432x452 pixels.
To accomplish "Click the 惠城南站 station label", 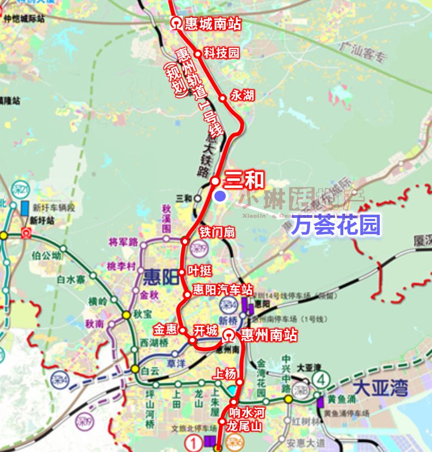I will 212,24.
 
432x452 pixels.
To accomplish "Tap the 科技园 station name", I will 221,53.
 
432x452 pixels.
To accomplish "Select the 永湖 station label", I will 242,96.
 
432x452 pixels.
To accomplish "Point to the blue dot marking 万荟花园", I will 220,197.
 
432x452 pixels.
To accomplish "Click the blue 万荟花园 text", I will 335,225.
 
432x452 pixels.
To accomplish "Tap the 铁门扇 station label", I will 217,232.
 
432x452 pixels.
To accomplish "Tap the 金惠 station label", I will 165,330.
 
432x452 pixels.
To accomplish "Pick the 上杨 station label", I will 226,374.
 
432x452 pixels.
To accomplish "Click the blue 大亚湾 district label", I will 380,388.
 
